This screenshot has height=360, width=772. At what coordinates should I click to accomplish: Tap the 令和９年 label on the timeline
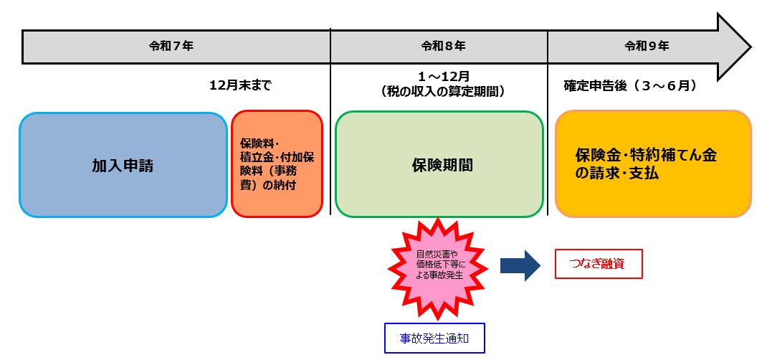(647, 46)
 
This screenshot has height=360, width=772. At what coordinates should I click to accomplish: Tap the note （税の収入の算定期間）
(443, 92)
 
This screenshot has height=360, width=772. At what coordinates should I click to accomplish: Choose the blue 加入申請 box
(123, 165)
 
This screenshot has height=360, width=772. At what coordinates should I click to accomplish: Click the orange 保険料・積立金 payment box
(277, 164)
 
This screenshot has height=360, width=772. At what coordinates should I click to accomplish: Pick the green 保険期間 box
(439, 164)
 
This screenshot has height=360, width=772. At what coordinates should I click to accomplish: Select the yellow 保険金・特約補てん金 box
(652, 164)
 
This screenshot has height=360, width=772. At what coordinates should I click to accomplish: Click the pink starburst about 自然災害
(437, 266)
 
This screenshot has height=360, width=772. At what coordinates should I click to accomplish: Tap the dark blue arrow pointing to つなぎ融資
(520, 265)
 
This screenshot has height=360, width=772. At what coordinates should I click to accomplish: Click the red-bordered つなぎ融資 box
(599, 264)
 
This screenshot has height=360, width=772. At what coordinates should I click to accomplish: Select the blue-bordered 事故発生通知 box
(434, 337)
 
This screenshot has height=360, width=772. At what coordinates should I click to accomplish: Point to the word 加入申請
(123, 166)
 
